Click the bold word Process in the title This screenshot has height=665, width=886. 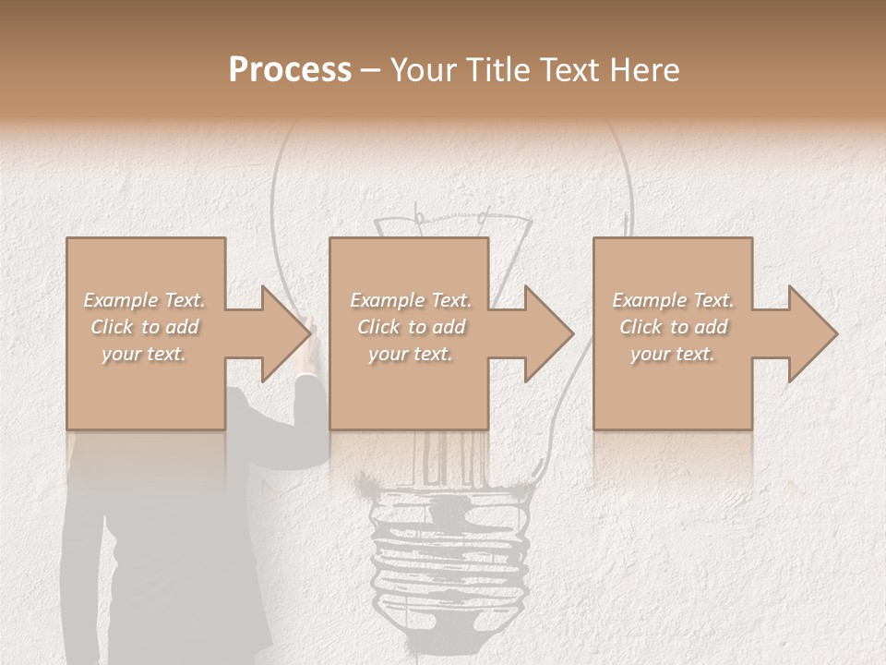pyautogui.click(x=290, y=69)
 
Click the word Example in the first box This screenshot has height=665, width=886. pyautogui.click(x=121, y=300)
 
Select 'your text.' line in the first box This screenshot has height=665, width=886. pyautogui.click(x=144, y=354)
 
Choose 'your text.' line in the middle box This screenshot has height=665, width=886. pyautogui.click(x=411, y=354)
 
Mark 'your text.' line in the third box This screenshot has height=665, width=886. pyautogui.click(x=673, y=354)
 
